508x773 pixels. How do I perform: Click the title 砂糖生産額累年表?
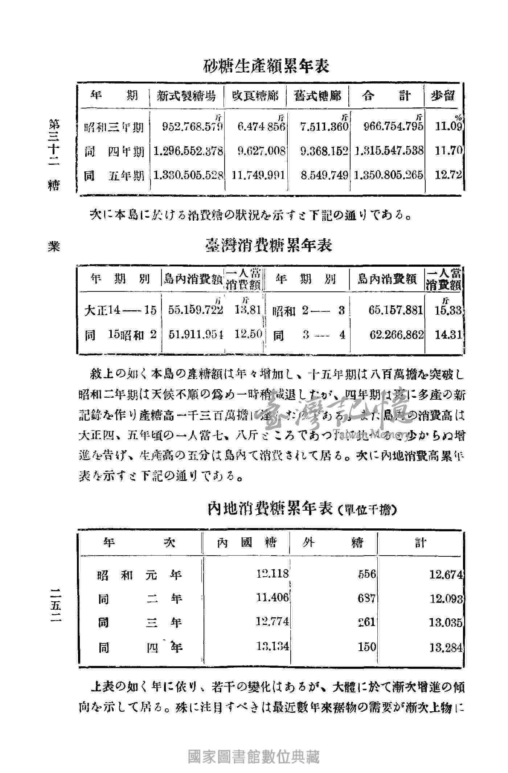pyautogui.click(x=266, y=67)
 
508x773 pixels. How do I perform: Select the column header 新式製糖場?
pyautogui.click(x=186, y=96)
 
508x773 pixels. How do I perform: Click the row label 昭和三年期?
pyautogui.click(x=114, y=127)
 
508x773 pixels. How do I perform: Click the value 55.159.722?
pyautogui.click(x=196, y=310)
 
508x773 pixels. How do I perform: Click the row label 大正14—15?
pyautogui.click(x=120, y=311)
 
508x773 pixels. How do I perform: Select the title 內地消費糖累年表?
pyautogui.click(x=270, y=509)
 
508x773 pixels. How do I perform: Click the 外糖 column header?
pyautogui.click(x=333, y=543)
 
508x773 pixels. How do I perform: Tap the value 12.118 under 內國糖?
pyautogui.click(x=273, y=574)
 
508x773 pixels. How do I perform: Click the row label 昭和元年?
pyautogui.click(x=139, y=575)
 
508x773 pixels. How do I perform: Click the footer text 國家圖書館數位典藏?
pyautogui.click(x=254, y=756)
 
